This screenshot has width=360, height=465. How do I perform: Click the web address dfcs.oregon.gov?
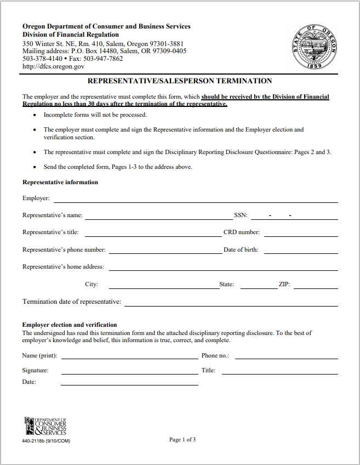[53, 66]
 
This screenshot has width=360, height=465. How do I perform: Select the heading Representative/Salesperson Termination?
[180, 81]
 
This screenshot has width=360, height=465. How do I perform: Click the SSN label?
[241, 216]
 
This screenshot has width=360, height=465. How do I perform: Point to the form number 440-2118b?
[46, 441]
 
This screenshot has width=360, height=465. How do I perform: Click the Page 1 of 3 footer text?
[182, 439]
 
